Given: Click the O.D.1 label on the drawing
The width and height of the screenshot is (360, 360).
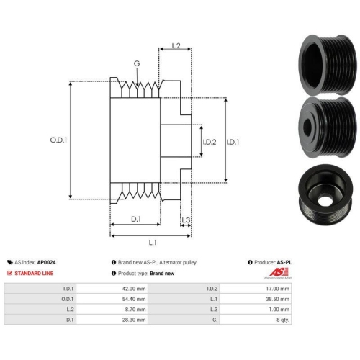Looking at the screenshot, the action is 58,140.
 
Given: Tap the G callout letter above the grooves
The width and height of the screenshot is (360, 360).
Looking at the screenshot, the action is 137,63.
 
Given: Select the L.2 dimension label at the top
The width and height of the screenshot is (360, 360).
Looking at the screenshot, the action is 176,45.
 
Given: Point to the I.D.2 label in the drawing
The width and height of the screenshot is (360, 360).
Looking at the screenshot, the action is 210,142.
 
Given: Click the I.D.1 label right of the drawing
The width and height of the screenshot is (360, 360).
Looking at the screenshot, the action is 233,142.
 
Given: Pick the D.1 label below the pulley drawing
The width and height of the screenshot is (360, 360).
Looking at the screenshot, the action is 136,219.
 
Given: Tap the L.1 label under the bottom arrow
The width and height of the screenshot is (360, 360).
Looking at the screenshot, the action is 153,243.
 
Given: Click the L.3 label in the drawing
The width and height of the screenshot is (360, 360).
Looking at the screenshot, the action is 186,220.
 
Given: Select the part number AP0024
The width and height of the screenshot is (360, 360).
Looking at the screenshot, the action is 46,262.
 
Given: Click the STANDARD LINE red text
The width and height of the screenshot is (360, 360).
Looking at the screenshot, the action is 34,273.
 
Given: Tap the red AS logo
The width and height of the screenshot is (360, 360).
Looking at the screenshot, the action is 279,272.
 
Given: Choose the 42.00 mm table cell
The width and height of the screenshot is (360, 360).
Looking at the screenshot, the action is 134,289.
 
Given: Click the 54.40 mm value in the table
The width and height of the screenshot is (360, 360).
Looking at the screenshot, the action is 134,299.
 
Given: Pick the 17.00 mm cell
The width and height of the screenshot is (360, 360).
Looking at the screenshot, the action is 277,289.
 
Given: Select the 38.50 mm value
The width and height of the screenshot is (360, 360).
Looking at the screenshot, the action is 277,299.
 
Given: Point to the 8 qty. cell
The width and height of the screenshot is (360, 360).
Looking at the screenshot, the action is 283,320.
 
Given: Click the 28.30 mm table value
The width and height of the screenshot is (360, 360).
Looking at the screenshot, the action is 134,320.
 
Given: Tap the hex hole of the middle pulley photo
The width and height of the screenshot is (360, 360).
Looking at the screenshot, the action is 307,125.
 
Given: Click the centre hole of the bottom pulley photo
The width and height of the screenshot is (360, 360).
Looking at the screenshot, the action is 325,201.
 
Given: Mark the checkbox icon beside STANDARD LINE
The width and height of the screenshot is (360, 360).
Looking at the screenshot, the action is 9,273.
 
